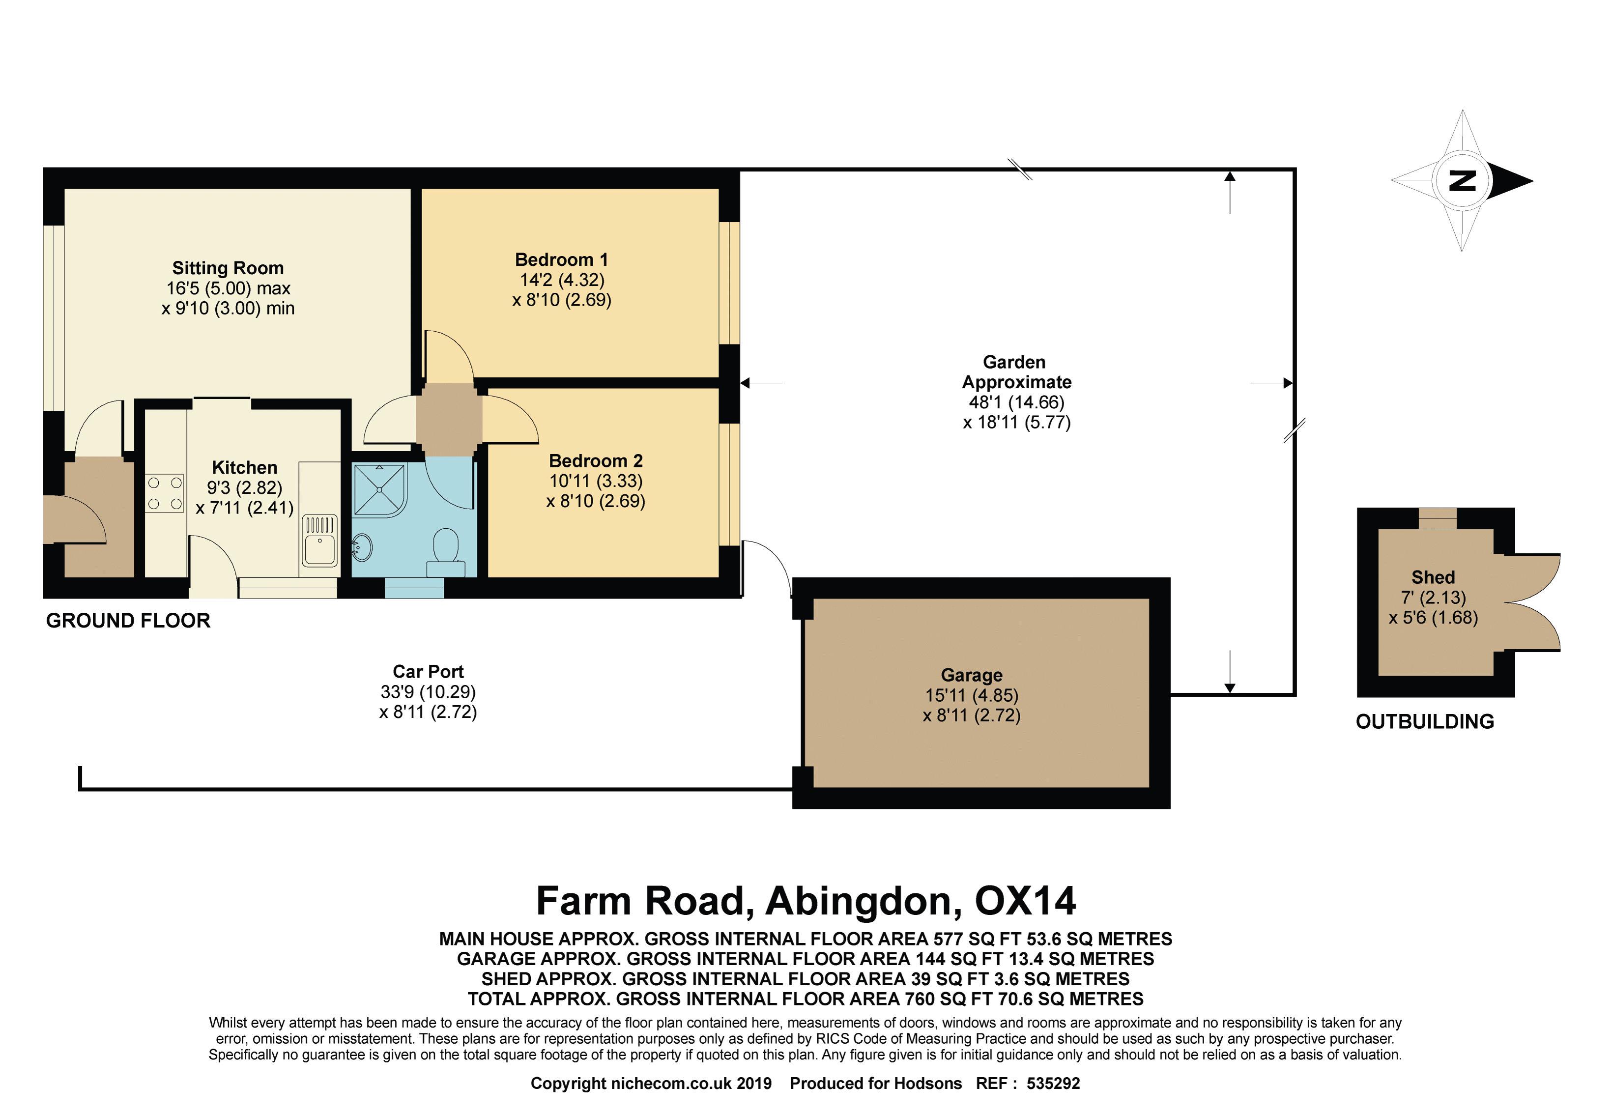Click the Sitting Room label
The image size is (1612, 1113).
tap(228, 268)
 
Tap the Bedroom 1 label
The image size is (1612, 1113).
tap(562, 259)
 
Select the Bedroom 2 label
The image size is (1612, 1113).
tap(596, 460)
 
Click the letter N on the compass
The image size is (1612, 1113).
tap(1462, 181)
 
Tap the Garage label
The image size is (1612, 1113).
tap(972, 675)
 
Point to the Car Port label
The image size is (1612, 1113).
tap(428, 672)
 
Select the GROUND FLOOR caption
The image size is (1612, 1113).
tap(128, 621)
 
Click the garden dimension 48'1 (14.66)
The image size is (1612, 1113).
tap(1017, 402)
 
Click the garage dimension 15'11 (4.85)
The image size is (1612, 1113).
tap(972, 695)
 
